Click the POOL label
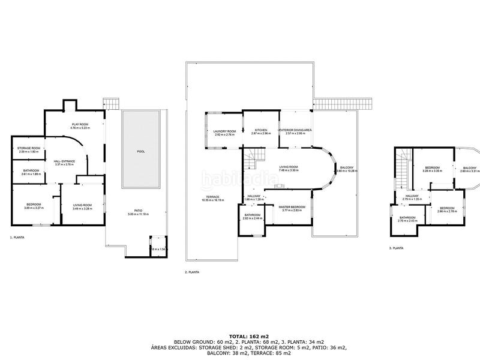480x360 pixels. [141, 151]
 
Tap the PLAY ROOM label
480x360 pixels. [80, 124]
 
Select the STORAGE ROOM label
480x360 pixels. [28, 148]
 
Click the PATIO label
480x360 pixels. [138, 210]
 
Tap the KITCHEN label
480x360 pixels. [260, 130]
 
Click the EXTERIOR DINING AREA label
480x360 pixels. [295, 130]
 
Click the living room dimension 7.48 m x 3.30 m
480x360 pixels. [289, 171]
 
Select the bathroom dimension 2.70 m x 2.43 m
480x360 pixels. [408, 221]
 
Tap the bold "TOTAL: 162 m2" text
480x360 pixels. [240, 337]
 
